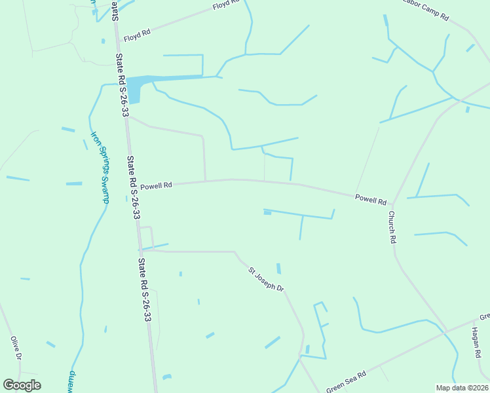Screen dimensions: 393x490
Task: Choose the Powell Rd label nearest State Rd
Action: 156,185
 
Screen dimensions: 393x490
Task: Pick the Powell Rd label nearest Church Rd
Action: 371,198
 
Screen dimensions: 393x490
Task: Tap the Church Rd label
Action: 392,227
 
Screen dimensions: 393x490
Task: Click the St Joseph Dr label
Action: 265,279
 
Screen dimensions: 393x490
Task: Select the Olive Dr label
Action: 16,348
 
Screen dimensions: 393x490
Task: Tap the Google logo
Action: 22,385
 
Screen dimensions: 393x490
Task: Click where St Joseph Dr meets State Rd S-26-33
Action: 141,250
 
